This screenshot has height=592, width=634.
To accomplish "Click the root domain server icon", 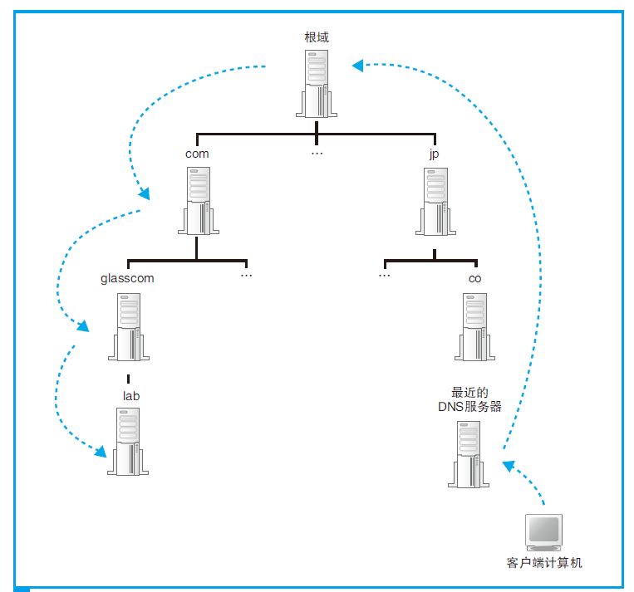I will click(316, 83).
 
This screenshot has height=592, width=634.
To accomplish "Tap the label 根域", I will click(317, 37).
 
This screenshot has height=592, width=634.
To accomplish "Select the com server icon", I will click(198, 200).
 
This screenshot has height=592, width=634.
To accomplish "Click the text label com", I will click(197, 154).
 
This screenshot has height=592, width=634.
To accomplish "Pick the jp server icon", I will click(434, 201).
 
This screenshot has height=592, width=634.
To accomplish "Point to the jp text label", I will click(434, 154).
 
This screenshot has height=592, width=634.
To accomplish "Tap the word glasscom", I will click(127, 279).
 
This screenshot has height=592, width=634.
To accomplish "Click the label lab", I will click(130, 396).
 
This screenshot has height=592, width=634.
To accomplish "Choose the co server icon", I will click(474, 327).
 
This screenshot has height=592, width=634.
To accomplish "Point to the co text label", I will click(474, 279).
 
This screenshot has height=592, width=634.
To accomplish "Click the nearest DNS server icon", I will click(469, 453).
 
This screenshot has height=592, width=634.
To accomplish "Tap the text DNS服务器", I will click(469, 407).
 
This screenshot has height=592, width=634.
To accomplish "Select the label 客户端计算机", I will click(544, 563).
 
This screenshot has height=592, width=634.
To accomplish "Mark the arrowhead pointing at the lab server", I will click(101, 453).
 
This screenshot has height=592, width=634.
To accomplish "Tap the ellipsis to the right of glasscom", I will click(246, 274).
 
